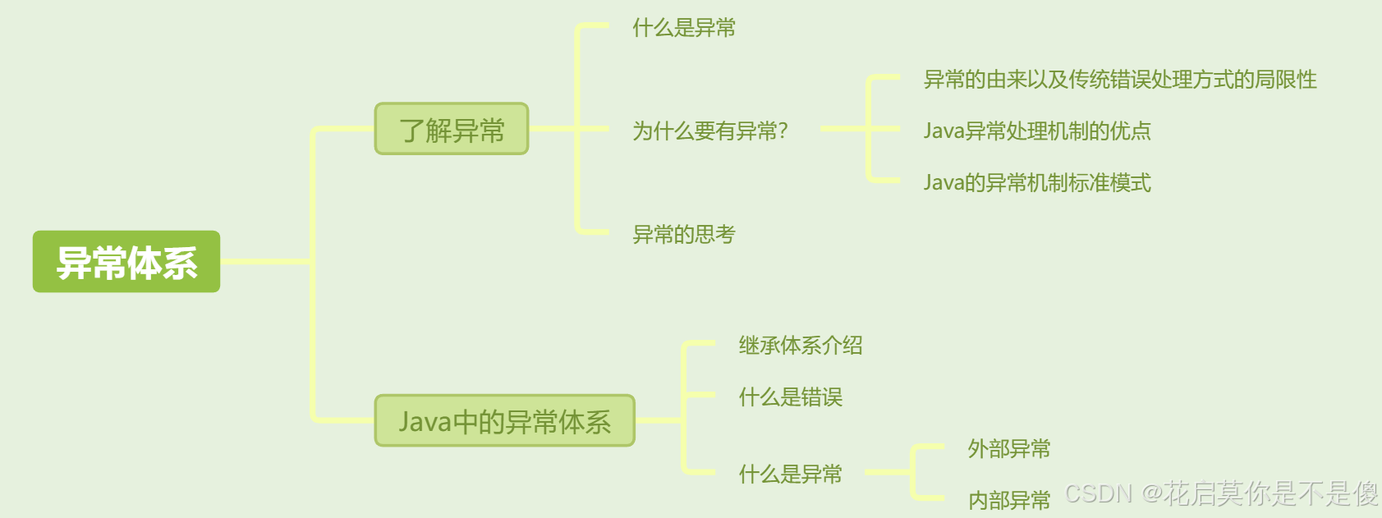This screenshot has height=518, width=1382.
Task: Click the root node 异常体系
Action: click(x=126, y=262)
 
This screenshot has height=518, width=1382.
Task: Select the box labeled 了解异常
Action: click(x=452, y=129)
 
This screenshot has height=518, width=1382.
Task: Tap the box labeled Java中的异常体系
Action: click(x=504, y=421)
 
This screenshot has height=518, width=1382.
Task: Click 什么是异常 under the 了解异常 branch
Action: click(x=683, y=28)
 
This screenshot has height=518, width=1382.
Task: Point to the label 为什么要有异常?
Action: click(x=708, y=131)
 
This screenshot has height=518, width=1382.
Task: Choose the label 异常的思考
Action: click(x=683, y=235)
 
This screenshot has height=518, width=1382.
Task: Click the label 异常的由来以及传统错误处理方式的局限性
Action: click(x=1119, y=80)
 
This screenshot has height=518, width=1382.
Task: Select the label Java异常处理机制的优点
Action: click(x=1036, y=131)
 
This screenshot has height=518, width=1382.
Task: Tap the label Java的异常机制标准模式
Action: click(x=1036, y=182)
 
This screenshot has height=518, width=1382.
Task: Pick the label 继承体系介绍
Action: click(x=800, y=346)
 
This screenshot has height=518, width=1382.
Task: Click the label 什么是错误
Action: click(x=790, y=397)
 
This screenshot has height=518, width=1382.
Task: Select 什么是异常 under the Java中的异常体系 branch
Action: click(x=790, y=474)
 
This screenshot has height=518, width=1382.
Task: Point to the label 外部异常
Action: click(x=1008, y=449)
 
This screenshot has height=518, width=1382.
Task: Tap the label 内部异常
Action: click(x=1008, y=500)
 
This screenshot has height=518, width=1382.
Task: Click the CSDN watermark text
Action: click(x=1221, y=493)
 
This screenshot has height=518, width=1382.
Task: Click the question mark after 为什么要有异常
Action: click(x=783, y=131)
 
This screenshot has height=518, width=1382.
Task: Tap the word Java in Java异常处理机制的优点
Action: click(x=944, y=131)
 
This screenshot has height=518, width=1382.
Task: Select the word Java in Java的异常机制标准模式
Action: click(x=944, y=182)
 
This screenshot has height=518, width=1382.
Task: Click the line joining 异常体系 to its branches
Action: click(x=267, y=262)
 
